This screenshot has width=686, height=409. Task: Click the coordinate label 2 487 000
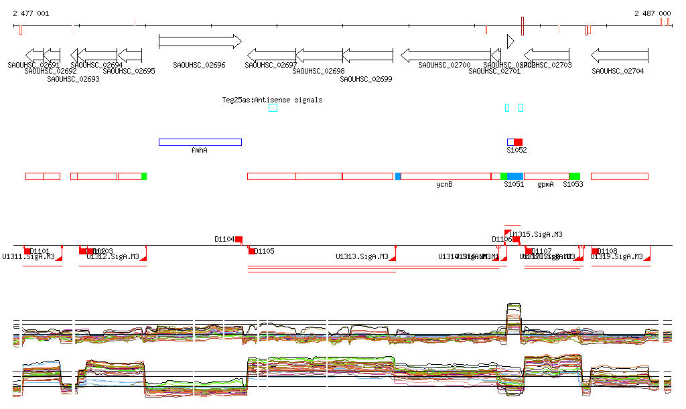point(652,13)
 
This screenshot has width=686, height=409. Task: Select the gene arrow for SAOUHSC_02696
point(200,42)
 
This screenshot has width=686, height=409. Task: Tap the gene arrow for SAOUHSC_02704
point(620,55)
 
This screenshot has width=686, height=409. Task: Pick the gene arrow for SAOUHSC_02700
point(445,55)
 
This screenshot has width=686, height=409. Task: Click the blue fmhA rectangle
point(200,142)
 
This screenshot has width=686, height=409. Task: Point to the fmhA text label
point(199,151)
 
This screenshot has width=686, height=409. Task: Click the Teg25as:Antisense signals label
point(272,100)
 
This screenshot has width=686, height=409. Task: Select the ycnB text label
point(444,184)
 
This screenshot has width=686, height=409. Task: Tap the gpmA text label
point(545,184)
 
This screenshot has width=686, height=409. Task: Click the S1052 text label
point(516,151)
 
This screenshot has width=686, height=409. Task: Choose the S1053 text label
point(572,184)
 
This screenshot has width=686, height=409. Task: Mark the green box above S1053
point(574,176)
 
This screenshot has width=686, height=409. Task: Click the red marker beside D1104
point(238,239)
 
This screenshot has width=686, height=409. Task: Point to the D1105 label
point(264,252)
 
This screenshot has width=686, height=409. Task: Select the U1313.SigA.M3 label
point(362,256)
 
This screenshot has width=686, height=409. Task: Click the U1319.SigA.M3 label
point(616,256)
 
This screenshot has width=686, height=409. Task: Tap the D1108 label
point(607,252)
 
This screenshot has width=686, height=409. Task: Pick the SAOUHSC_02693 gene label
point(73,79)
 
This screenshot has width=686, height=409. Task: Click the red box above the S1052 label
point(518,142)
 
